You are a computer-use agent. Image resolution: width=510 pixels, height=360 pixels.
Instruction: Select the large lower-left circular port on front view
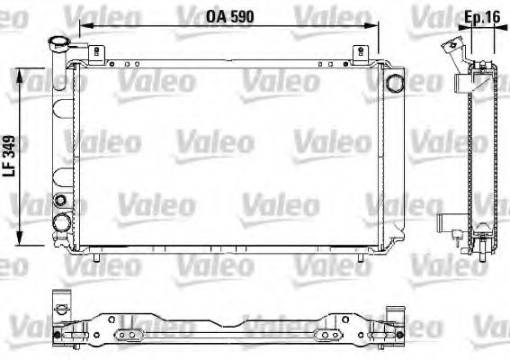[62, 222]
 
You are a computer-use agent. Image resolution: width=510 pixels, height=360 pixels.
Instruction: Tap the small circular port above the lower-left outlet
[60, 200]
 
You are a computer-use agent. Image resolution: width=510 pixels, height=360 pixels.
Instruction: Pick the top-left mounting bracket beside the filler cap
[95, 52]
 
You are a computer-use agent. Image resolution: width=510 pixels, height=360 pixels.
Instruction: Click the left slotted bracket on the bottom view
[130, 336]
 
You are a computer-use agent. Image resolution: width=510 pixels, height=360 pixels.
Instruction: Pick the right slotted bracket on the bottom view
[325, 336]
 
